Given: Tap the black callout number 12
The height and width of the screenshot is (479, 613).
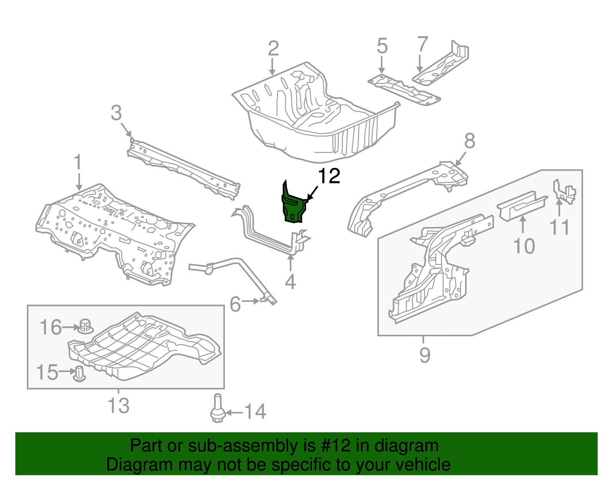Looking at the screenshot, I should click(329, 176).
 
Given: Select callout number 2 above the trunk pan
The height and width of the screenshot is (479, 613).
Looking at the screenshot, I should click(273, 49).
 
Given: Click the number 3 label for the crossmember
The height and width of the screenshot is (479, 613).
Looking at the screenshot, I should click(116, 113).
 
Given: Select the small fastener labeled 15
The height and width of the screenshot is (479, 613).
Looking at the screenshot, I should click(79, 373).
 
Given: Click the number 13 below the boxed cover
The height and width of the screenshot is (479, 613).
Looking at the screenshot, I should click(118, 406).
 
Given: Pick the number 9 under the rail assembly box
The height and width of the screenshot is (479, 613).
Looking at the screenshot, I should click(425, 355).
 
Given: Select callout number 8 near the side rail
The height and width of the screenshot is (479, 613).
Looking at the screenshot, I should click(470, 141).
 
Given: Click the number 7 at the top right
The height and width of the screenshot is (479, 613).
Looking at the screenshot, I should click(422, 44).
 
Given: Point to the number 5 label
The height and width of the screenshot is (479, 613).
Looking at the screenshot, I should click(382, 46).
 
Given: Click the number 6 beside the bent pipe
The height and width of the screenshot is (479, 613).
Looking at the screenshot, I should click(235, 305).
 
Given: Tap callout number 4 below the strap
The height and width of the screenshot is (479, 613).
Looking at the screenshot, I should click(290, 282).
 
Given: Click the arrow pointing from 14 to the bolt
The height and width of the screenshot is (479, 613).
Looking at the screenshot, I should click(235, 413).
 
